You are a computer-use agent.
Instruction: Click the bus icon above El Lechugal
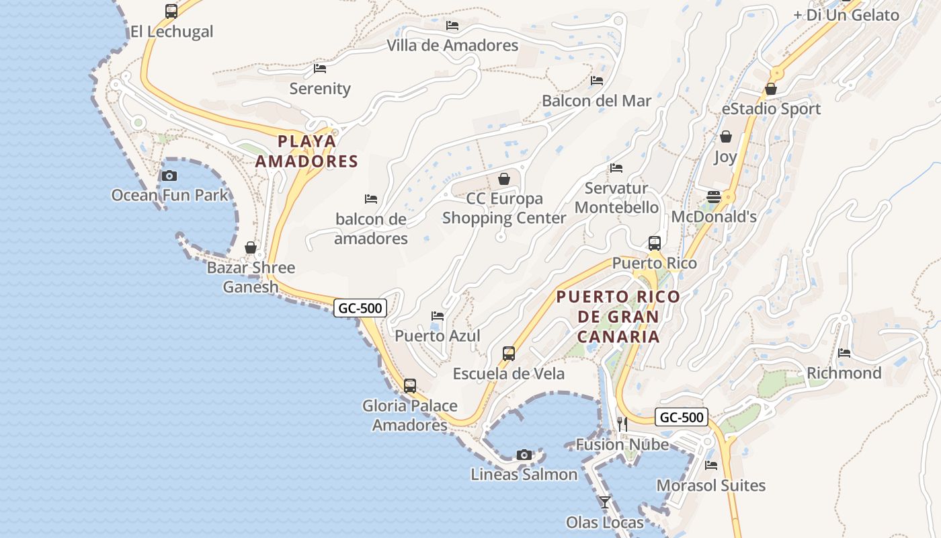(x=171, y=11)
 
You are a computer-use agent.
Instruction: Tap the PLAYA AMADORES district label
(x=306, y=151)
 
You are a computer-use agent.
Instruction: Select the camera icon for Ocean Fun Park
(x=169, y=176)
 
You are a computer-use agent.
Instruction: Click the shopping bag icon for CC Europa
(x=504, y=179)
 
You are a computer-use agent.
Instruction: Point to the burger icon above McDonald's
(x=714, y=197)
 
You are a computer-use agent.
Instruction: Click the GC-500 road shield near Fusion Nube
(x=682, y=417)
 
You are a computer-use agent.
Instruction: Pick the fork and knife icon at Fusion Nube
(x=622, y=424)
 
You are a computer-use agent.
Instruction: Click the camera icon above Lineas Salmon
(x=524, y=455)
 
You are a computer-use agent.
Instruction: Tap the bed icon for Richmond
(x=844, y=353)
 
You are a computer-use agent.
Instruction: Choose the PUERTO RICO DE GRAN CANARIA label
(x=618, y=316)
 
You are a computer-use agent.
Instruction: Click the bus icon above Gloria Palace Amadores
(x=410, y=386)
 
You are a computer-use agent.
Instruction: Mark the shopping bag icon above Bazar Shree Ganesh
(x=251, y=247)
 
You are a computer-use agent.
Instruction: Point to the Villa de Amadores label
(x=452, y=45)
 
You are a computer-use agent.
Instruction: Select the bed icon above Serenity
(x=320, y=69)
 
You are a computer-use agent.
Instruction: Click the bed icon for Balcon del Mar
(x=597, y=81)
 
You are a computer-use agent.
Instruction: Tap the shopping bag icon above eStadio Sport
(x=771, y=89)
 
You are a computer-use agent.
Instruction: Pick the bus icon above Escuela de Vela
(x=509, y=354)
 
